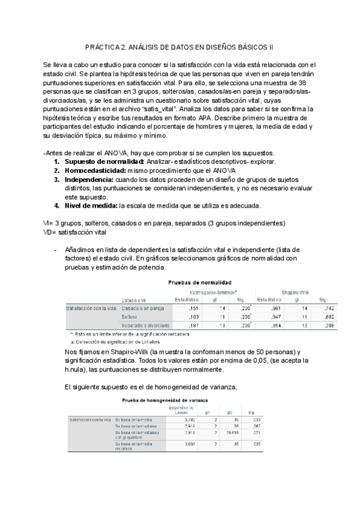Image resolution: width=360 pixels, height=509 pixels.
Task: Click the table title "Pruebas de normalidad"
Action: [200, 282]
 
